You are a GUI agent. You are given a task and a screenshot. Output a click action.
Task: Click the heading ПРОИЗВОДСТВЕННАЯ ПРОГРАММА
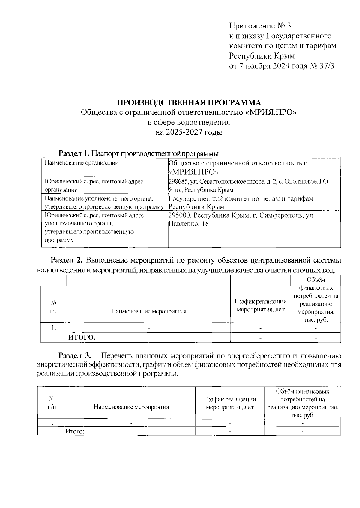pos(189,102)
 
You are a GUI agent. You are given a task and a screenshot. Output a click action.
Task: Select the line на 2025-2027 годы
pos(189,132)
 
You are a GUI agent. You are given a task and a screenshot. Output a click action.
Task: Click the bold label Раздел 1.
pos(74,154)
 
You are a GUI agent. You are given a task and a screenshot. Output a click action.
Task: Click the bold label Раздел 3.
pos(74,356)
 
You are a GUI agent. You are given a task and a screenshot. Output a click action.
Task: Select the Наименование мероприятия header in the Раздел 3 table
pos(131,407)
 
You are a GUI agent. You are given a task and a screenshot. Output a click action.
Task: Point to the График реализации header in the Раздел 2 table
pos(261,305)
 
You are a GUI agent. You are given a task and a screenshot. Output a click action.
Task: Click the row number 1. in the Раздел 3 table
pos(51,423)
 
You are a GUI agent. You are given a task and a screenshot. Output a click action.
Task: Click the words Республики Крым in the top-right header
pos(262,56)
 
